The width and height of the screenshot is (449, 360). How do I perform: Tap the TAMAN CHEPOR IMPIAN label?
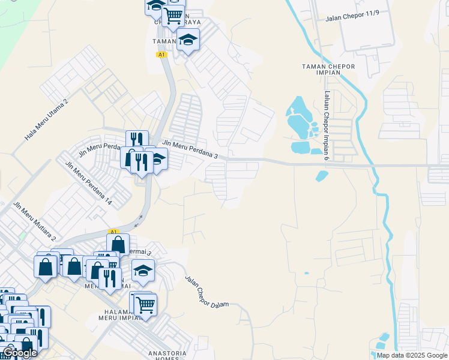point(328,69)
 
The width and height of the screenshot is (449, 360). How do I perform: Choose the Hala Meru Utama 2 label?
point(47,119)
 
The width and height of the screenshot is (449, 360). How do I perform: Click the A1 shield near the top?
point(161,55)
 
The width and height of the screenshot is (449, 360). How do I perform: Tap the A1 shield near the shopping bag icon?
point(113,231)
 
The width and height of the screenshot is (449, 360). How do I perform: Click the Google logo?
point(20,353)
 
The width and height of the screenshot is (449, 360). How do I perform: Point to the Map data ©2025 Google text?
point(412,355)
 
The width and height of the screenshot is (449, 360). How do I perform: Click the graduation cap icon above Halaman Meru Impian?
point(143,271)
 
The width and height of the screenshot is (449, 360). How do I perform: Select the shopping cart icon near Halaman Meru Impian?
point(145,304)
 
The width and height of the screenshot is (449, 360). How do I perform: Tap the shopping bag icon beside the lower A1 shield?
point(118,244)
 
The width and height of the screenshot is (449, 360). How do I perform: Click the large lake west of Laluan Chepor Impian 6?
point(298,118)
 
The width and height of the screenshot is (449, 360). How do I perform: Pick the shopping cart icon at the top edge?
point(173,15)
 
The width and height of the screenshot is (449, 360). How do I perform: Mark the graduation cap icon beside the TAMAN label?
point(188,40)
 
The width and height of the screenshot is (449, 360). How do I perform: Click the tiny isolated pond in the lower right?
point(306,274)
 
